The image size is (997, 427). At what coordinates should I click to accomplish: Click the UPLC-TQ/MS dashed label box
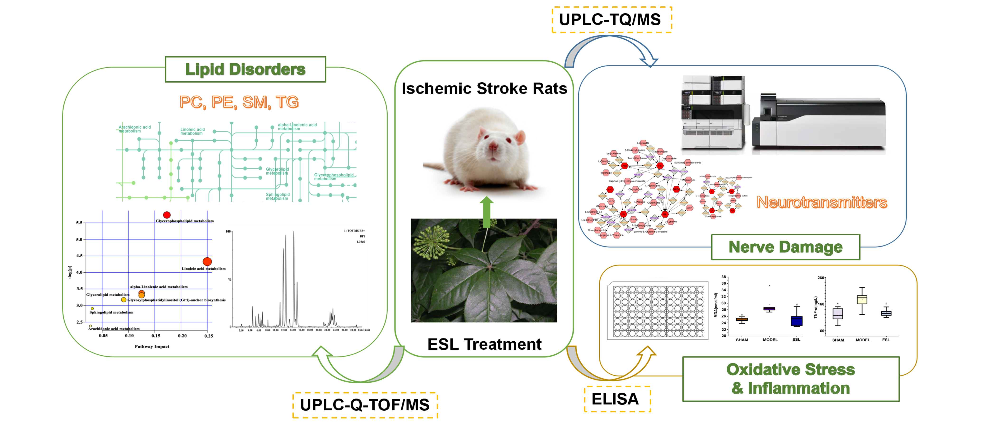click(611, 20)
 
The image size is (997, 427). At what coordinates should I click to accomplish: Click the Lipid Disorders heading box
click(245, 70)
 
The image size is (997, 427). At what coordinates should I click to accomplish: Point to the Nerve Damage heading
click(785, 247)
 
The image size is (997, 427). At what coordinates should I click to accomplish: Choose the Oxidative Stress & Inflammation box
click(791, 379)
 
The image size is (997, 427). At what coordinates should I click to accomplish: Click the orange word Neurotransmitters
click(822, 202)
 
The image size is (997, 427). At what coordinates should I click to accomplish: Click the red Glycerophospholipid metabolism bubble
click(167, 215)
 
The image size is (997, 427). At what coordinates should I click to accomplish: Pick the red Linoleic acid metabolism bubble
click(207, 261)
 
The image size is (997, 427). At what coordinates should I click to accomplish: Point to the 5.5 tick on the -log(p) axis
click(79, 223)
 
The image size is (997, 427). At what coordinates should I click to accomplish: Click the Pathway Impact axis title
click(152, 347)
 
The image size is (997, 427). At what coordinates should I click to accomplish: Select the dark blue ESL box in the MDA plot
click(796, 321)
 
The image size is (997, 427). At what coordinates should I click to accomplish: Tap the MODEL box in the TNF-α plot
click(862, 300)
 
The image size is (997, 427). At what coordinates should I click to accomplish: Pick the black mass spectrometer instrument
click(818, 121)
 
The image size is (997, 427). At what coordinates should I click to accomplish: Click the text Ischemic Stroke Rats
click(484, 88)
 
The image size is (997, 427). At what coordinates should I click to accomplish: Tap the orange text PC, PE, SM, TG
click(239, 102)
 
